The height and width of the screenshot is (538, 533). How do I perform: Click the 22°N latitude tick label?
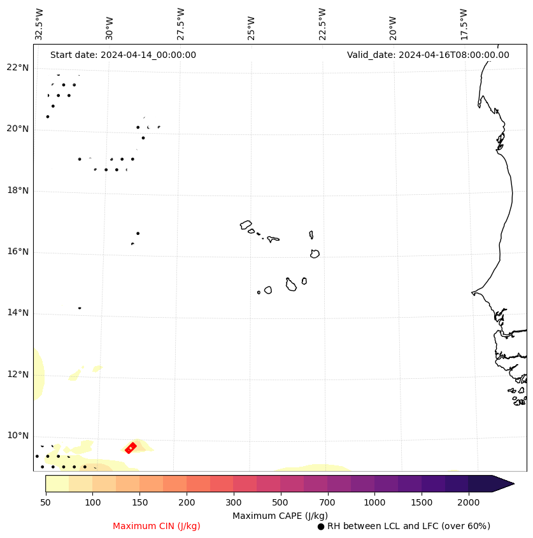coord(18,68)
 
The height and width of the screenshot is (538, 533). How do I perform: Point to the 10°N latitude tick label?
coord(18,435)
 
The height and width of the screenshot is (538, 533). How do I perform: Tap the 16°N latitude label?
coord(18,251)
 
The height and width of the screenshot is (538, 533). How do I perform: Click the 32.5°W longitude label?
coord(39,24)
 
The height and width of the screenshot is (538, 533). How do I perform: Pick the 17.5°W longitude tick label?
coord(464,24)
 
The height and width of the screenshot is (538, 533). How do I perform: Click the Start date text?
coord(123,55)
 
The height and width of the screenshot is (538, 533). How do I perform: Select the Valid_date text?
coord(428,55)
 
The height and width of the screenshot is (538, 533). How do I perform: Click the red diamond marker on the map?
coord(131,448)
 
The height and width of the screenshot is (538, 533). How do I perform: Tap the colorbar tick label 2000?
coord(468,502)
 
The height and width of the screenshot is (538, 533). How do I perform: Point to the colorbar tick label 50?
coord(45,502)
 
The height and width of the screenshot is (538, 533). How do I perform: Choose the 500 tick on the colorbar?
coord(280,502)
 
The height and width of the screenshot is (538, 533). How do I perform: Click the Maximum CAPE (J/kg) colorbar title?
coord(280,515)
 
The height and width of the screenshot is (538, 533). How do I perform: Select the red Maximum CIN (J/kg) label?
coord(157,526)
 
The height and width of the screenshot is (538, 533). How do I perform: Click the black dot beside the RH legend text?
coord(321,527)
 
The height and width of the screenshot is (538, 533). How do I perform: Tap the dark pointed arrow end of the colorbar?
coord(503,483)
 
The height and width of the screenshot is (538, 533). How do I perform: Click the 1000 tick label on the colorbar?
coord(374,502)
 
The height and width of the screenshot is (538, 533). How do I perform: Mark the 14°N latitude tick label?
coord(18,313)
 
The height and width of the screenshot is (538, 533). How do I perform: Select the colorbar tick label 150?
coord(139,502)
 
